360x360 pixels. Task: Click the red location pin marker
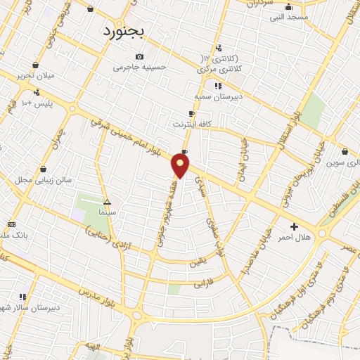[181, 166]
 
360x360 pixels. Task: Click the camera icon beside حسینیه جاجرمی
[140, 57]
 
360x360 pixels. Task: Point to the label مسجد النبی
[288, 17]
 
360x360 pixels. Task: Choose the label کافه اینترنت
[194, 124]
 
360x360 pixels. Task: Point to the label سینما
[108, 210]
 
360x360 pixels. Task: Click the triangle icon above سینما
[107, 200]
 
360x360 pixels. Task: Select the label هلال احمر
[294, 237]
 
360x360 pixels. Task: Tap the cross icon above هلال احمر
[294, 226]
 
